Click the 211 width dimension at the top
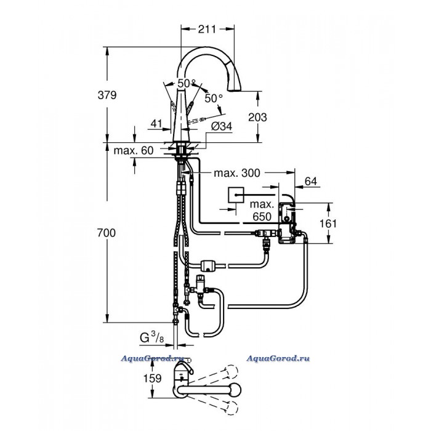point(207,29)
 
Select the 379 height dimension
point(107,95)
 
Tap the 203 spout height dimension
point(257,118)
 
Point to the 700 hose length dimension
point(107,233)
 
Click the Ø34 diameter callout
point(222,126)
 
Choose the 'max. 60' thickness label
point(134,151)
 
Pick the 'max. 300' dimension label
point(237,173)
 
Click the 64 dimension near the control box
point(311,182)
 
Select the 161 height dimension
point(328,224)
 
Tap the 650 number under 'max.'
point(262,217)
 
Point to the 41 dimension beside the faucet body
point(156,124)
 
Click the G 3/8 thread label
point(152,337)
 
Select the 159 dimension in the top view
point(152,379)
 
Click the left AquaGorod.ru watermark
point(153,358)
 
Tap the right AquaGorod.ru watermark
point(278,358)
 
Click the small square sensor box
point(236,195)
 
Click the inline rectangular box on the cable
point(210,266)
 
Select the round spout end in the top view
point(235,390)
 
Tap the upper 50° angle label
point(187,83)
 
